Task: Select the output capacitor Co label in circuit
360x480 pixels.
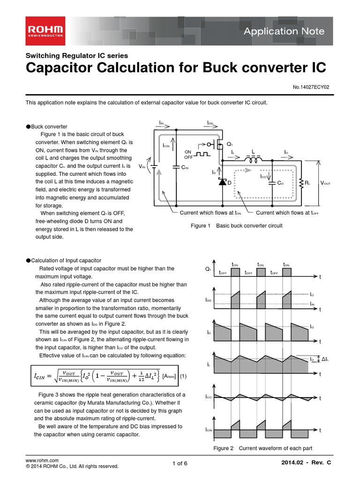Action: coord(280,183)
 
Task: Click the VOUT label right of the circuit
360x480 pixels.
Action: coord(325,183)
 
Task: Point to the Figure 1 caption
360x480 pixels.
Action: coord(236,225)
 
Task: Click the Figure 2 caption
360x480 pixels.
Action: coord(262,448)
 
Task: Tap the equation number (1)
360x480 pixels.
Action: coord(183,376)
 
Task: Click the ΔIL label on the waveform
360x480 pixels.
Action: coord(323,359)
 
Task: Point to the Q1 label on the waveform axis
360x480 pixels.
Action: coord(208,270)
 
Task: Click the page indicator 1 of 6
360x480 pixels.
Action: coord(180,464)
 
